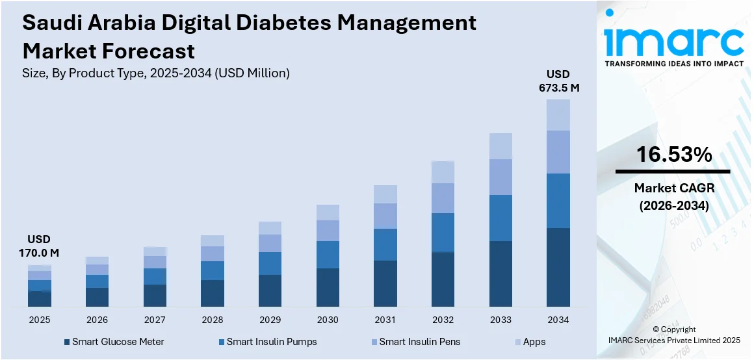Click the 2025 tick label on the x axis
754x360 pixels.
39,320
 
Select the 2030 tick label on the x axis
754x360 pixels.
328,320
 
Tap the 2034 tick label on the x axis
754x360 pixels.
558,320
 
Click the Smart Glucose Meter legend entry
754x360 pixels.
113,342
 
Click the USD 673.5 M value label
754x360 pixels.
558,81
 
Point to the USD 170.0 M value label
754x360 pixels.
39,246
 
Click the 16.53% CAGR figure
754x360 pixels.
673,155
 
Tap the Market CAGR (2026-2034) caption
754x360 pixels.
673,196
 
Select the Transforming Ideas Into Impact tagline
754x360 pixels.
673,64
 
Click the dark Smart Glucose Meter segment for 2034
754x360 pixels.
558,267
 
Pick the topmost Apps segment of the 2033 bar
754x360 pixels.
500,146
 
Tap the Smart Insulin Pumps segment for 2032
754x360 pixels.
443,233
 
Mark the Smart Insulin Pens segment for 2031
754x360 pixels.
385,216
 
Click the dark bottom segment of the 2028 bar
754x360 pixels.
212,293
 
